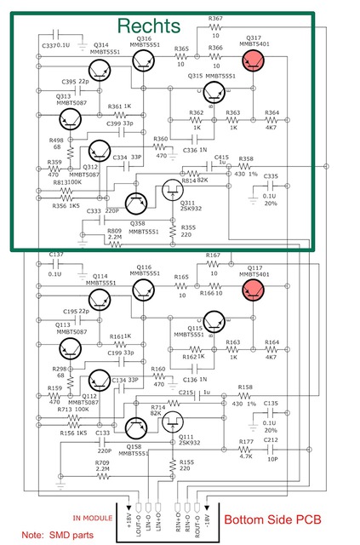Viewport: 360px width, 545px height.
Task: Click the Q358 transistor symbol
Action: pos(136,203)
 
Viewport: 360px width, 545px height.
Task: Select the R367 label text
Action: pos(215,18)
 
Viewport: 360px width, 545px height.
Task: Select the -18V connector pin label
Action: pos(204,516)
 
